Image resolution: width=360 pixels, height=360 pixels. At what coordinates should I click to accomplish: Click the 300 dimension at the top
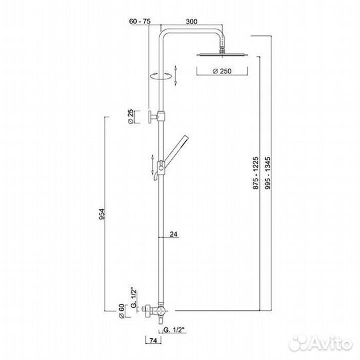coord(191,21)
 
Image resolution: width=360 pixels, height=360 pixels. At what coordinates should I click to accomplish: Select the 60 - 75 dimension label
coord(140,21)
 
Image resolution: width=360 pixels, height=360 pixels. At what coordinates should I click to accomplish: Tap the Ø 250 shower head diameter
coord(222,71)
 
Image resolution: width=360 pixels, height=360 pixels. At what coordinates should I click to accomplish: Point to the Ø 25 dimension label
coord(131,117)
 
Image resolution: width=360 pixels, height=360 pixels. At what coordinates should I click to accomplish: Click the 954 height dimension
coord(102,214)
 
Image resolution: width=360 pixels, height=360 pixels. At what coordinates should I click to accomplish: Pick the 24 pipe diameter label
coord(173,234)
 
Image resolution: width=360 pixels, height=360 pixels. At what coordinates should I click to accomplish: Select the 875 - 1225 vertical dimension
coord(255,173)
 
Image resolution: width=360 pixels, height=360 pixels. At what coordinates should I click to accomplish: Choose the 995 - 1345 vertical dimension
coord(267,173)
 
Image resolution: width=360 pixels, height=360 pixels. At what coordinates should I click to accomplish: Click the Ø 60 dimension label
coord(121,311)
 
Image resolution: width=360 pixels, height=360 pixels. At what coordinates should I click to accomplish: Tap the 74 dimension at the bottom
coord(153,341)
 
